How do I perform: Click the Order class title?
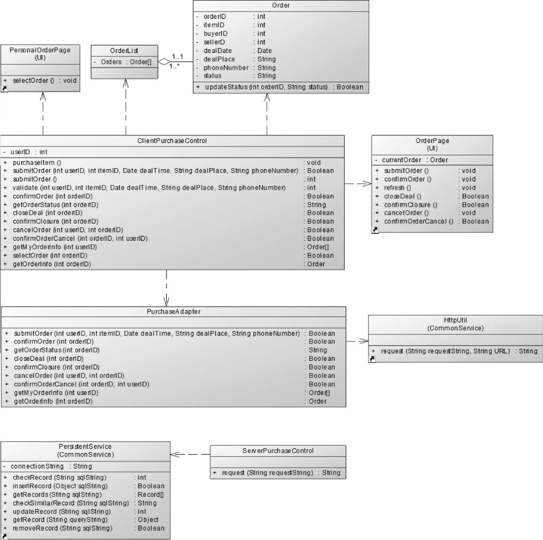281,5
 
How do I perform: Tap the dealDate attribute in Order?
217,51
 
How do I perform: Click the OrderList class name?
124,50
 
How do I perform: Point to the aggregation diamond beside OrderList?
165,62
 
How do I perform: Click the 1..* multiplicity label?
175,67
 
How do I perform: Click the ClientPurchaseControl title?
172,141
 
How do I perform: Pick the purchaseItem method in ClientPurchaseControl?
37,162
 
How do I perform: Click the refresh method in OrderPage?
397,187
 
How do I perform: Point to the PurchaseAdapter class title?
173,311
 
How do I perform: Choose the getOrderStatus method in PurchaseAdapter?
56,350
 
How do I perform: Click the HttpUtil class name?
455,320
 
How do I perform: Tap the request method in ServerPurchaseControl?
267,472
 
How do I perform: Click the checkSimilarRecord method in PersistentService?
71,503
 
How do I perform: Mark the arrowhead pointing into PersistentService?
175,454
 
